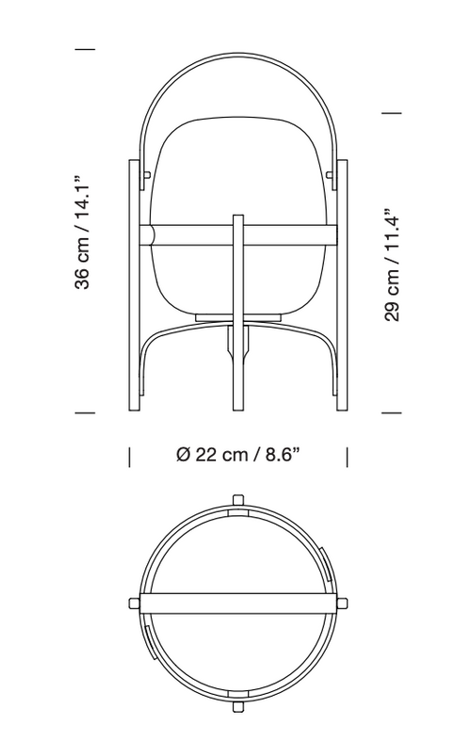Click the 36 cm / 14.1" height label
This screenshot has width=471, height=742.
coord(82,232)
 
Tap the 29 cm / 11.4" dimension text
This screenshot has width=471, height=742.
coord(393,265)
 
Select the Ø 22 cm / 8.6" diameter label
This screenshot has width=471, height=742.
coord(238,454)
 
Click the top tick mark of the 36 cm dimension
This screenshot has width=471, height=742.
coord(85,49)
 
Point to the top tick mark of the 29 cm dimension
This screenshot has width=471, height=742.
coord(392,113)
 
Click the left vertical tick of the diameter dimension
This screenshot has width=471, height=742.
coord(129,457)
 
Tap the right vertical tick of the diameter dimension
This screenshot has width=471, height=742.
coord(347,457)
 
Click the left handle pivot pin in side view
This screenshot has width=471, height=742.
coord(148,175)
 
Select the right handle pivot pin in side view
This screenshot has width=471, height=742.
coord(329,175)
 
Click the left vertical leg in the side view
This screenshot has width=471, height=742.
coord(135,285)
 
